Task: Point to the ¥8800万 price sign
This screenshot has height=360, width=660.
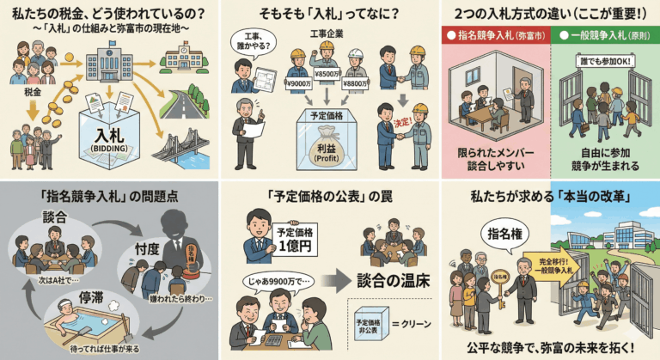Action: click(355, 83)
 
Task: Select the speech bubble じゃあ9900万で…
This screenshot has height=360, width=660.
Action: click(281, 280)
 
